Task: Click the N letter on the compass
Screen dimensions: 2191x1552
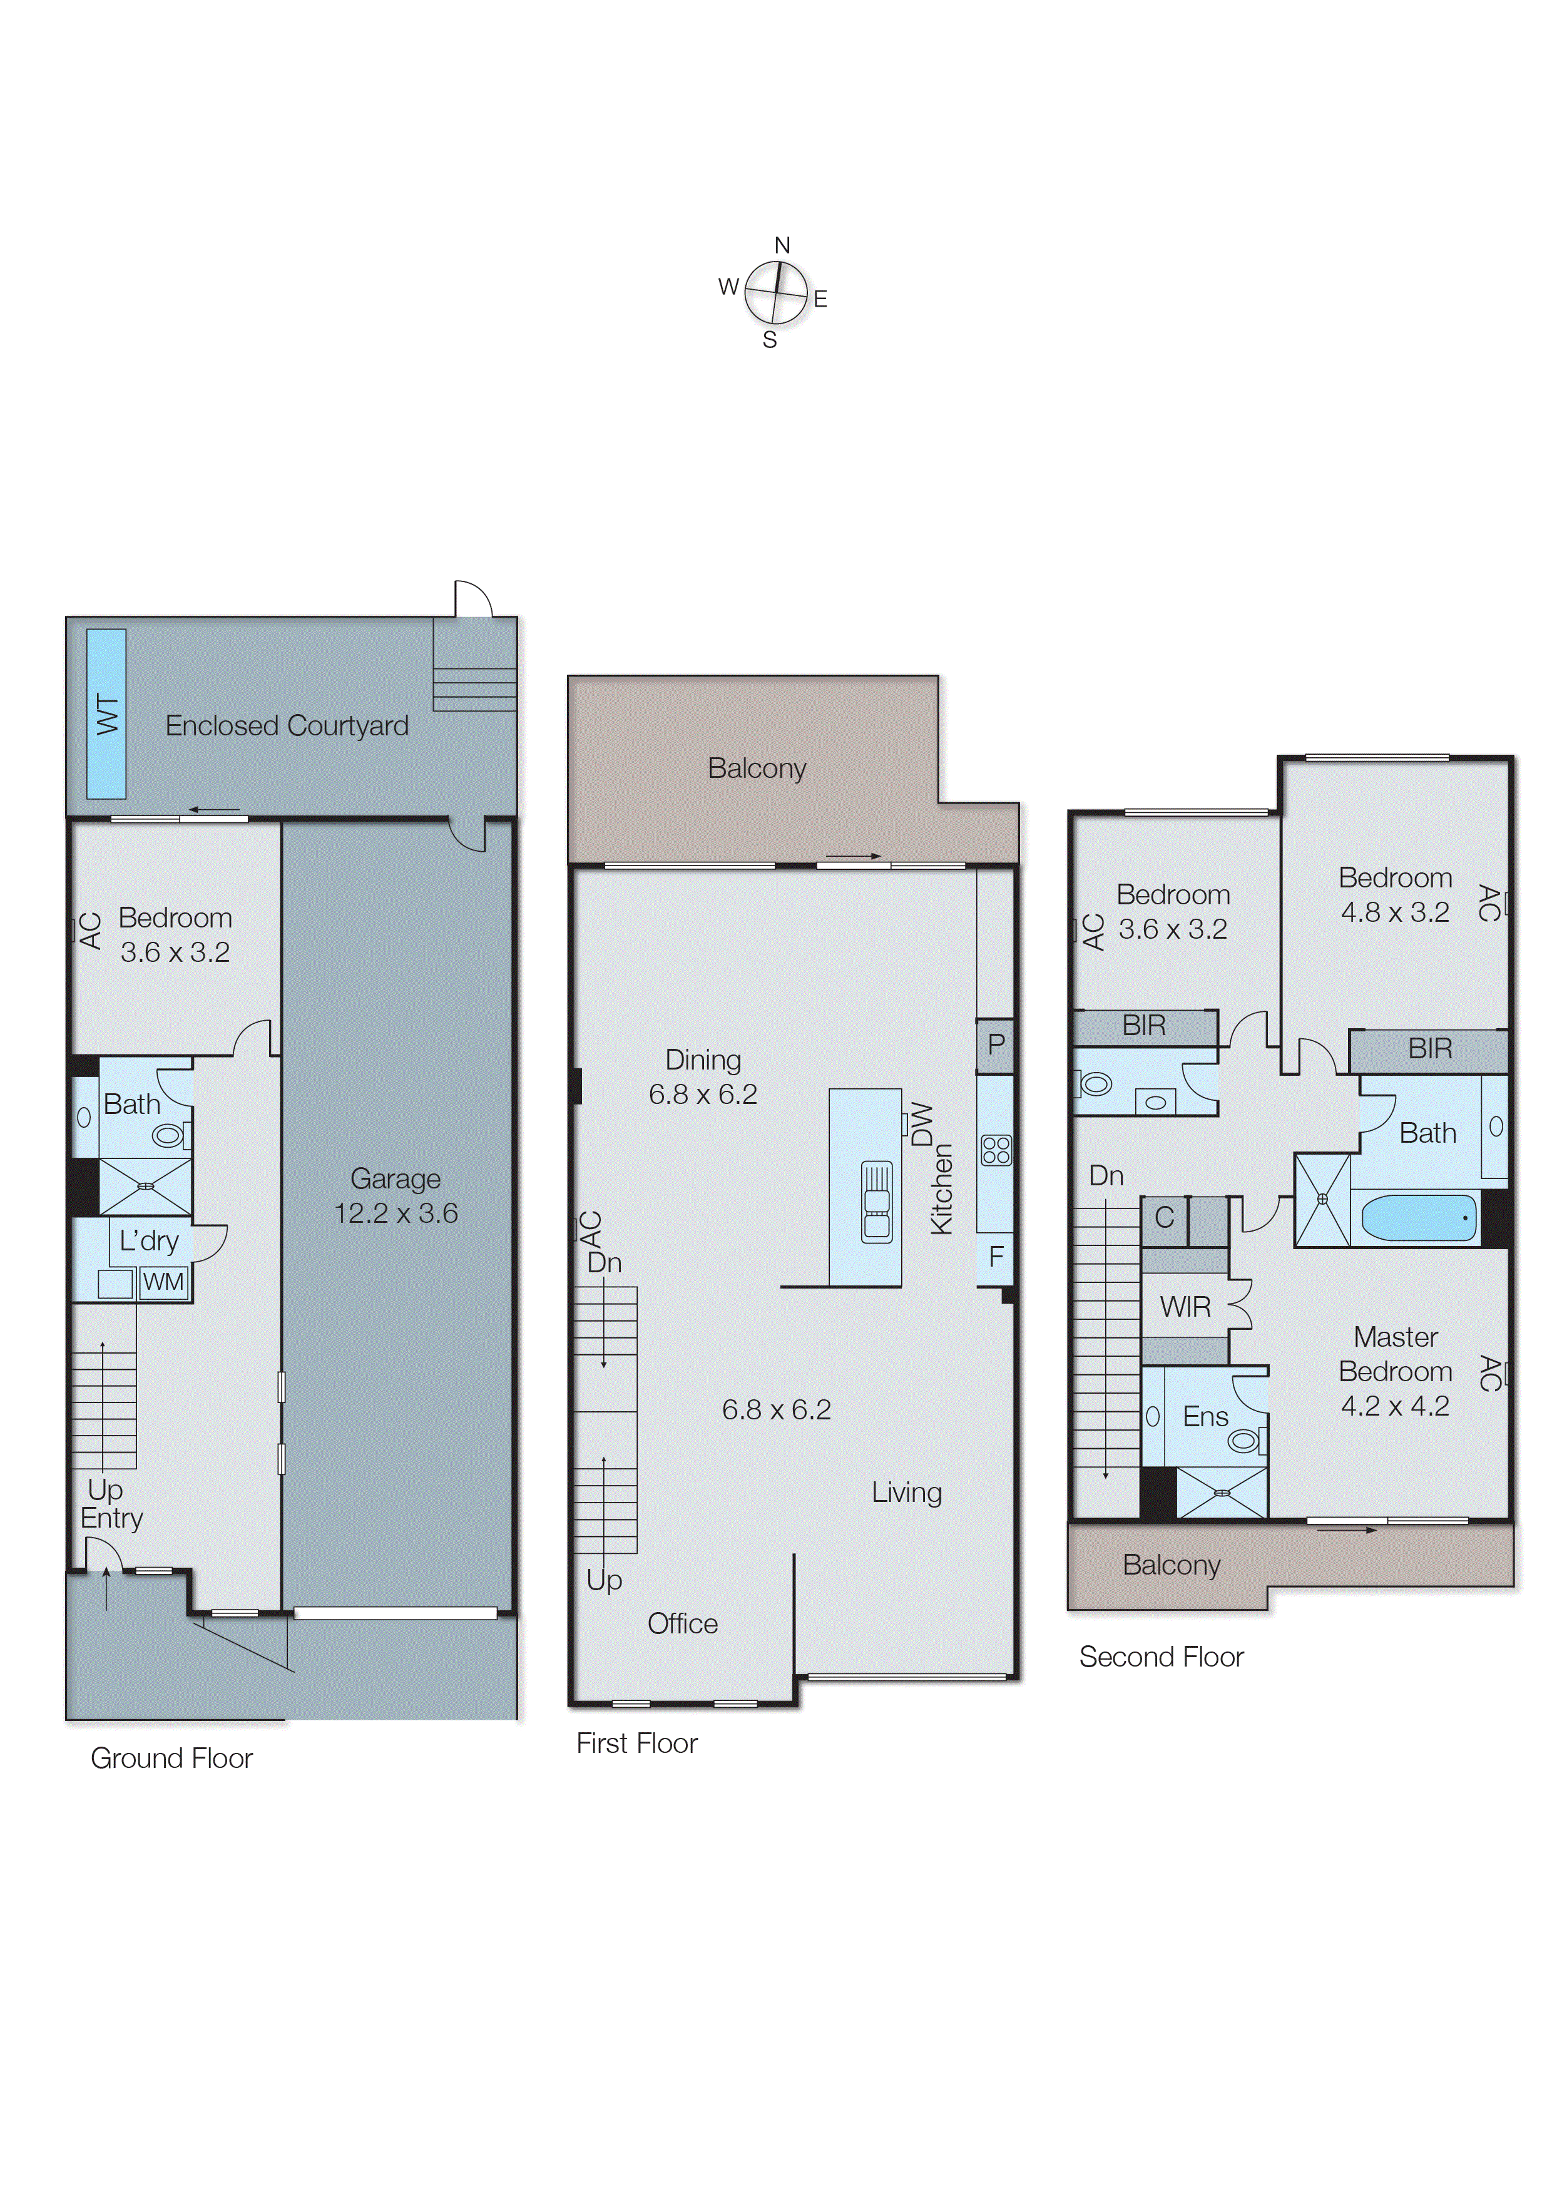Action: click(782, 245)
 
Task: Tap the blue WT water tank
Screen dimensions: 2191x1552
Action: click(106, 714)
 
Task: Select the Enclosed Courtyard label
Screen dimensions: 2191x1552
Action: click(287, 726)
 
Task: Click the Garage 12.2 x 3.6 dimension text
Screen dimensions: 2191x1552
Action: click(396, 1213)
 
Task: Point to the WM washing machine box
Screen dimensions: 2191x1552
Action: click(163, 1282)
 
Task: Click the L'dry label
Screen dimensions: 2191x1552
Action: click(149, 1241)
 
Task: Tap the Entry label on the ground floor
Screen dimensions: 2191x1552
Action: click(112, 1518)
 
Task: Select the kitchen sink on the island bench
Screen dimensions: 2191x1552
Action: click(876, 1202)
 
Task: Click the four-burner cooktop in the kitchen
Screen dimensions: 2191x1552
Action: click(996, 1150)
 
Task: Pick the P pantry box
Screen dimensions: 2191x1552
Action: click(996, 1044)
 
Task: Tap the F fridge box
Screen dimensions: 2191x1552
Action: click(996, 1257)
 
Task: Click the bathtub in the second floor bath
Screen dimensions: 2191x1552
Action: click(1418, 1218)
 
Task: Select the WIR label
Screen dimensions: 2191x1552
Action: click(1185, 1307)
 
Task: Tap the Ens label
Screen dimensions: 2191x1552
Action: click(1205, 1416)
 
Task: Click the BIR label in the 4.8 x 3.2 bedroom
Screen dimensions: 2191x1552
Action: click(1430, 1049)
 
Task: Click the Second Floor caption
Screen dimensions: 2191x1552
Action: click(1161, 1657)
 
